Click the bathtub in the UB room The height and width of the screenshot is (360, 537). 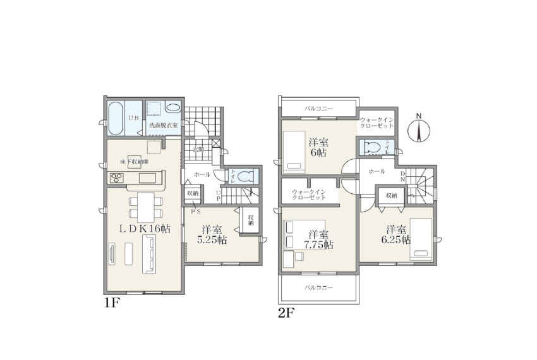(x=116, y=118)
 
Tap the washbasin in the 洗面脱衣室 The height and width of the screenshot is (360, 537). (x=173, y=107)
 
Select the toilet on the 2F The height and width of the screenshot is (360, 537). (x=373, y=147)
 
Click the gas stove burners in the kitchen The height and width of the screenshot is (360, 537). (x=116, y=178)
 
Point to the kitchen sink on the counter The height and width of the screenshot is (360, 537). (x=147, y=178)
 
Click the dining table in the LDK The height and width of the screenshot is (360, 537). (x=146, y=208)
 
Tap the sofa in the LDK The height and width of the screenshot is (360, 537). (x=149, y=254)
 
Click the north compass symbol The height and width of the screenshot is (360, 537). (x=418, y=128)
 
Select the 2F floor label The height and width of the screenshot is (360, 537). (x=286, y=313)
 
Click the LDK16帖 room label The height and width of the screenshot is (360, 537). (x=145, y=229)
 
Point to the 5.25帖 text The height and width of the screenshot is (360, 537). (x=212, y=239)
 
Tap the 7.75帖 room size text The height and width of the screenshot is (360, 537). (x=319, y=245)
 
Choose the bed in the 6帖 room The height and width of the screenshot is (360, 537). (x=294, y=151)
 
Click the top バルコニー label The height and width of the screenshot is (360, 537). (x=318, y=109)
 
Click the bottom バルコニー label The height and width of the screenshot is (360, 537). (x=318, y=288)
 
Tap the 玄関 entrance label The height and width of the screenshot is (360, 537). (x=198, y=149)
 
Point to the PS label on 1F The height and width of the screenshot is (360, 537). (x=196, y=212)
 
